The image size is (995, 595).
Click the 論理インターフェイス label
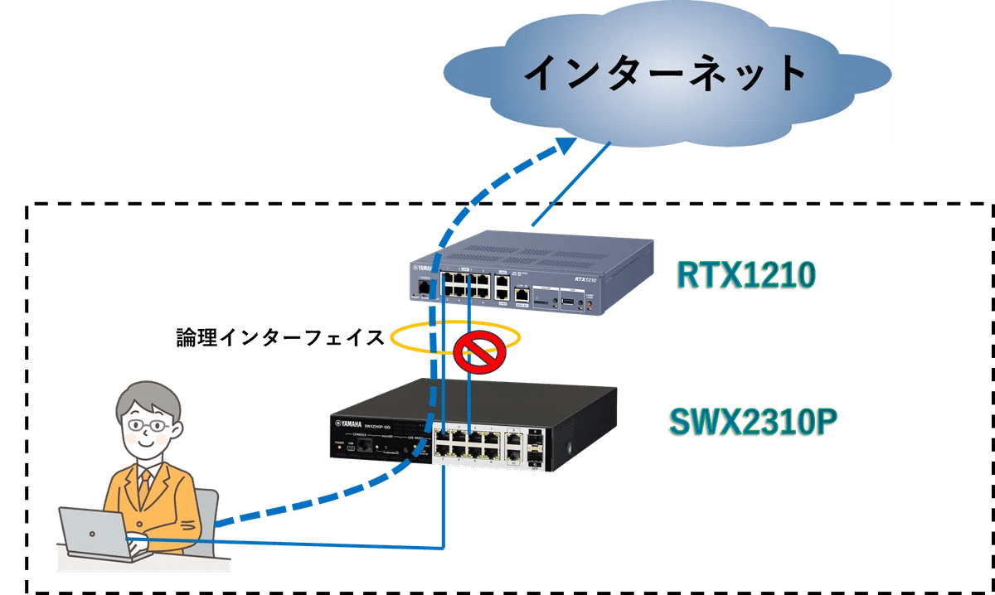pyautogui.click(x=280, y=337)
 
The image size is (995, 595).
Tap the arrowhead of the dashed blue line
pyautogui.click(x=566, y=148)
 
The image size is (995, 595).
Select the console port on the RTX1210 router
pyautogui.click(x=425, y=287)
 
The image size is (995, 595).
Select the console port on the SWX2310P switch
pyautogui.click(x=362, y=446)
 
